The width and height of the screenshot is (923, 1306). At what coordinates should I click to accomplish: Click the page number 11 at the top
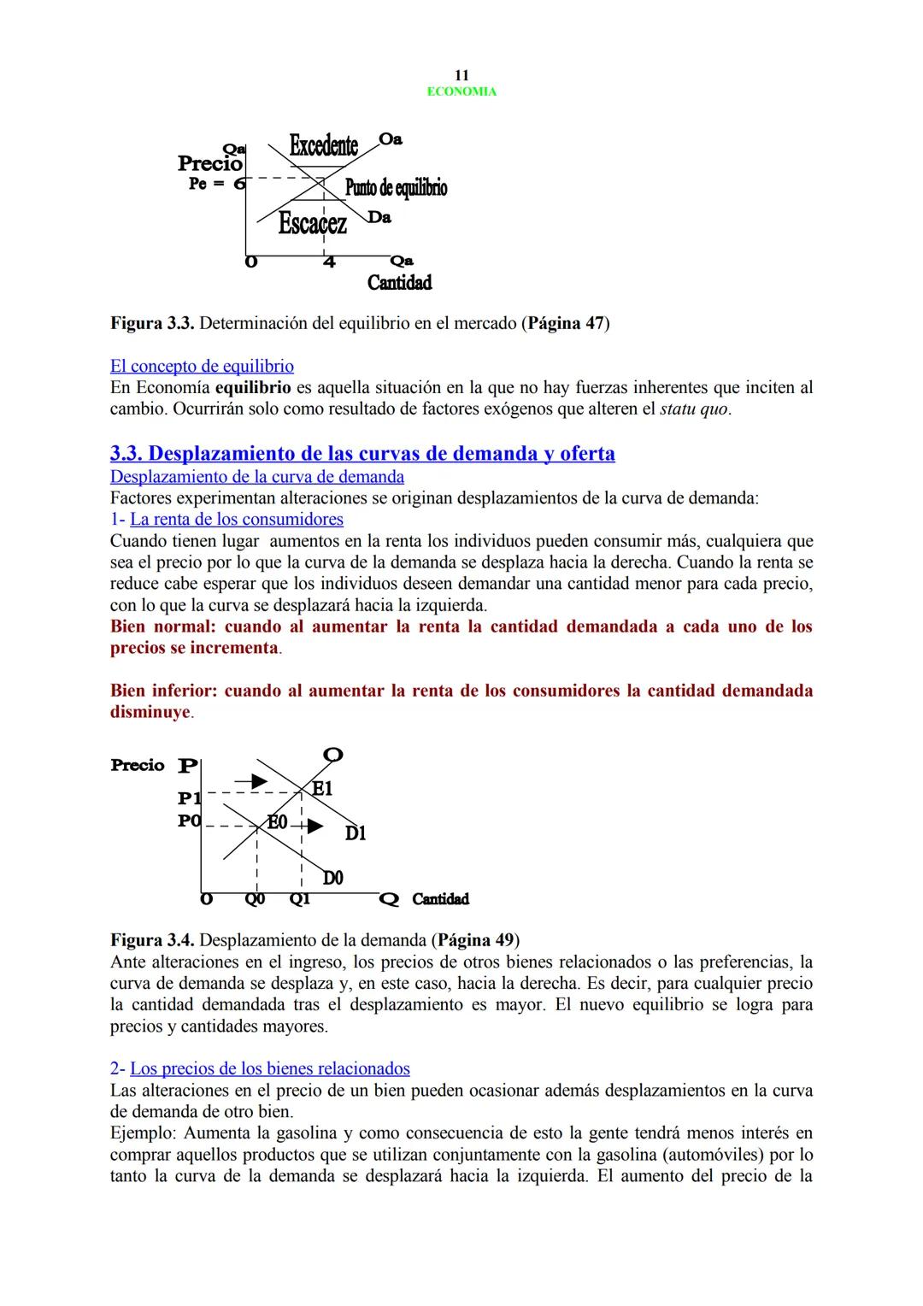[x=461, y=75]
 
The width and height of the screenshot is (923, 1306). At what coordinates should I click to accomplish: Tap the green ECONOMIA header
[x=461, y=91]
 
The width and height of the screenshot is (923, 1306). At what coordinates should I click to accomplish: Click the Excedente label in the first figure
[x=323, y=146]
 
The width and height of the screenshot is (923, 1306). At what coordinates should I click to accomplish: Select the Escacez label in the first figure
[x=313, y=224]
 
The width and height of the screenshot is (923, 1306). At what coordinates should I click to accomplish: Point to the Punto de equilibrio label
[x=396, y=187]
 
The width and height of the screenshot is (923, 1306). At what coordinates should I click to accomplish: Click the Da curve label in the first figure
[x=381, y=218]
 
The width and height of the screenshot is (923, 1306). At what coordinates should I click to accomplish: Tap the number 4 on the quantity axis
[x=328, y=262]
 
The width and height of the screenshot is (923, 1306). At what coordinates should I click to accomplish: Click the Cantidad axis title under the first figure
[x=399, y=282]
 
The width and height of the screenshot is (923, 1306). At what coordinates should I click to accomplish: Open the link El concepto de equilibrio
[x=202, y=367]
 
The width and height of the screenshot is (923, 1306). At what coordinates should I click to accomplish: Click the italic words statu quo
[x=695, y=409]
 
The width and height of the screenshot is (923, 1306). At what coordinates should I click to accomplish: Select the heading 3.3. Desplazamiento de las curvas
[x=362, y=453]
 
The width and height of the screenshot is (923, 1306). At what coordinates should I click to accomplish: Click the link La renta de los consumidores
[x=236, y=520]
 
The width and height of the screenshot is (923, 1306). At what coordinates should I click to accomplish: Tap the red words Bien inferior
[x=162, y=691]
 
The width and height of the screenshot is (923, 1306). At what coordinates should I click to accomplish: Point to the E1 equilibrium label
[x=321, y=789]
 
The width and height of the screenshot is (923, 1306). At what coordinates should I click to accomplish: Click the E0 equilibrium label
[x=278, y=822]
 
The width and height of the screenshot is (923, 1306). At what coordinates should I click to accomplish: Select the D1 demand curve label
[x=356, y=832]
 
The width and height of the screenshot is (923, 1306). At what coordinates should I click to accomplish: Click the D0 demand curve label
[x=332, y=878]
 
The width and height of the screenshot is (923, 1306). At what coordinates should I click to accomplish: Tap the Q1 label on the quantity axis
[x=299, y=899]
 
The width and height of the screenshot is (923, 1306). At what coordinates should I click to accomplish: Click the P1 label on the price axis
[x=189, y=798]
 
